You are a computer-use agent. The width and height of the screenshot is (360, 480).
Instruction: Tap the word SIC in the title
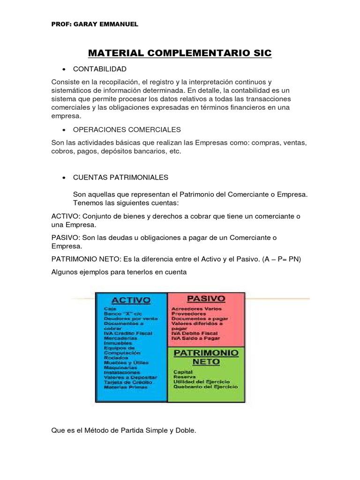tap(261, 53)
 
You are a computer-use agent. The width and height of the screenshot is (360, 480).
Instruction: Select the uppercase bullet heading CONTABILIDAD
tap(100, 69)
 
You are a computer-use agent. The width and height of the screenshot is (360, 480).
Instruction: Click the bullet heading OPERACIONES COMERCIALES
tap(127, 129)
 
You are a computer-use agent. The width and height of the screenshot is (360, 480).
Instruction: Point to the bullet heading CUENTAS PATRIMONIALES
tap(120, 178)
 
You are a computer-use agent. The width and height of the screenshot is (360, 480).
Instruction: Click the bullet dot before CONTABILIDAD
tap(63, 69)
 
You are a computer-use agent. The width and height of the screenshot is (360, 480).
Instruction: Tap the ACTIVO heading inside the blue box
tap(130, 300)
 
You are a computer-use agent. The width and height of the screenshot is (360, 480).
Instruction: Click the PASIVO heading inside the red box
tap(206, 298)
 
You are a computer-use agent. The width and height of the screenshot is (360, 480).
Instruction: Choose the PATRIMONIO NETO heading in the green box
tap(206, 357)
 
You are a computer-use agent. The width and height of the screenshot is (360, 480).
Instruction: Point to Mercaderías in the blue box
tap(120, 337)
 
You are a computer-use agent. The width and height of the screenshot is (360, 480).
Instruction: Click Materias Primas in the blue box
tap(126, 387)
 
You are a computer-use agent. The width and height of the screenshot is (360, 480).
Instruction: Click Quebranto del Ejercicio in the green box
tap(205, 387)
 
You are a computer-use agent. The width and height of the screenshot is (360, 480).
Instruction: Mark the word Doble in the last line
tap(186, 430)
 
